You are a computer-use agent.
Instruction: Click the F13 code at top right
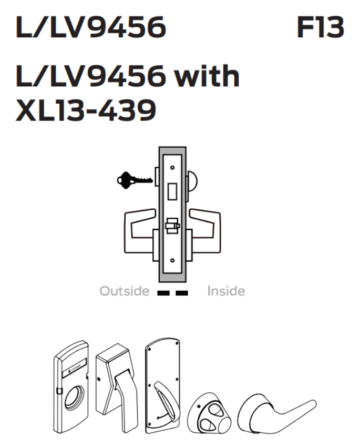(320, 27)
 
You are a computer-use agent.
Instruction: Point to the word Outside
(125, 291)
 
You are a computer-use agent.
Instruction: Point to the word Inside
(226, 291)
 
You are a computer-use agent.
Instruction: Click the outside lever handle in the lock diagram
(136, 226)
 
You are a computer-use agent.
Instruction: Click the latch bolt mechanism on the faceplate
(171, 227)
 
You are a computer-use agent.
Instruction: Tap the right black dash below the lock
(182, 291)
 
